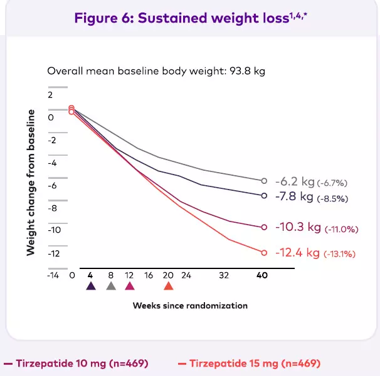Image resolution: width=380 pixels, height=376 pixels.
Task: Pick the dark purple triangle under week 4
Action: point(91,286)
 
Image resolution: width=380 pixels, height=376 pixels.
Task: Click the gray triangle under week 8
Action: point(110,286)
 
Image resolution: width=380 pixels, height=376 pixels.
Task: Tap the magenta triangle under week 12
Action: point(130,286)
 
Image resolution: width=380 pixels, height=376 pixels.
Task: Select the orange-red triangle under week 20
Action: point(168,286)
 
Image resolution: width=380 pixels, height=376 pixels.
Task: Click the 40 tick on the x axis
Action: point(263,275)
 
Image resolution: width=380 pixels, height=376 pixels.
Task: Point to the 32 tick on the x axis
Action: point(224,275)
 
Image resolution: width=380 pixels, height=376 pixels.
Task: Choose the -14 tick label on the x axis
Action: point(53,275)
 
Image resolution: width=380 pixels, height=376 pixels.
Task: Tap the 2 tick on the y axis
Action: point(51,94)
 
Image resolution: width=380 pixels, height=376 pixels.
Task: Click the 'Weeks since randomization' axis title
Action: point(190,306)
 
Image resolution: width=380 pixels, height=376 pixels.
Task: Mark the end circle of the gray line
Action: point(264,181)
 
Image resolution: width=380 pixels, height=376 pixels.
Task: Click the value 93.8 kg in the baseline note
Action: point(245,71)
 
